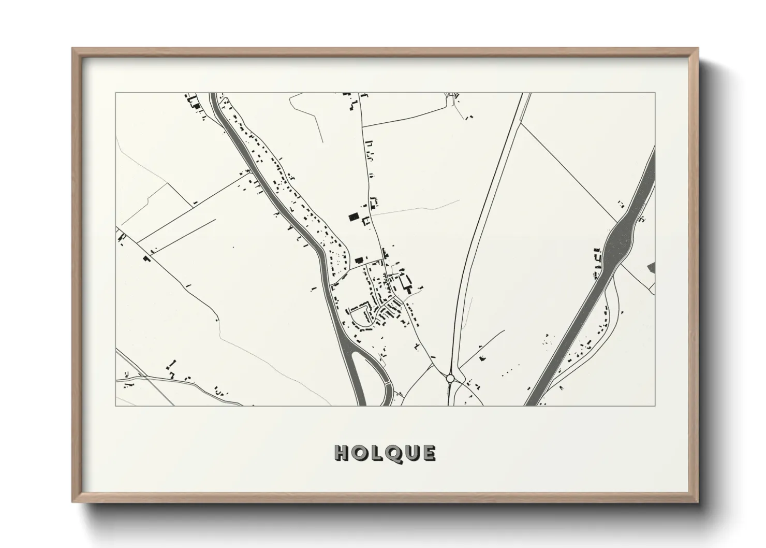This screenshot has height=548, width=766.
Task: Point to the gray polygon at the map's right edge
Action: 651,267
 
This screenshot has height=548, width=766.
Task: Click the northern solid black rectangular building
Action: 353,217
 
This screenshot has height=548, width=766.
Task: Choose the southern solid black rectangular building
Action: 359,259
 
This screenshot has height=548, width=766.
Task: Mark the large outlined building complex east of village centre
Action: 405,283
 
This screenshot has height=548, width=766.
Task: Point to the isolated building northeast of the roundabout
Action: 482,357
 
